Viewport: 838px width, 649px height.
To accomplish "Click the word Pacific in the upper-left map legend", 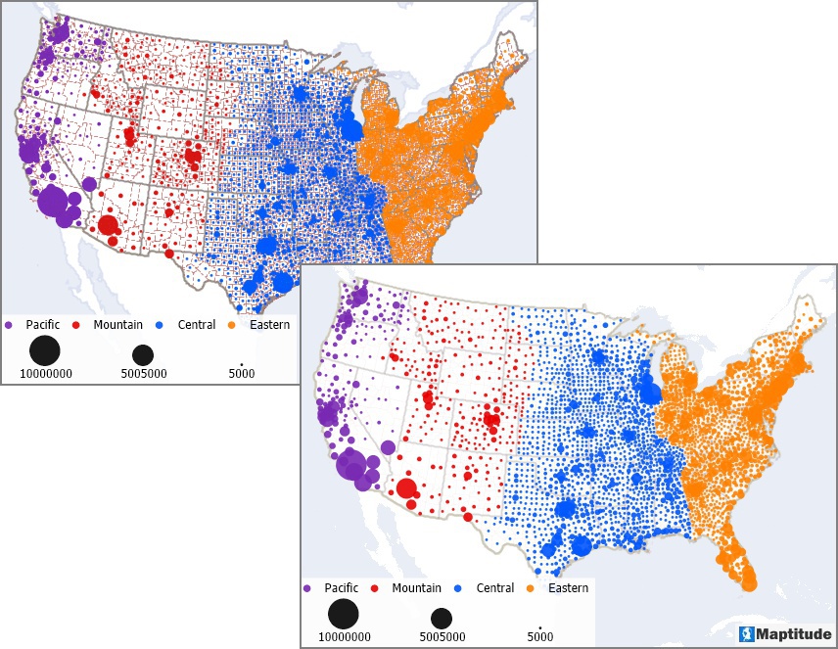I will [x=43, y=323].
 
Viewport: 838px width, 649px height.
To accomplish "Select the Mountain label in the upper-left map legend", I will [x=119, y=323].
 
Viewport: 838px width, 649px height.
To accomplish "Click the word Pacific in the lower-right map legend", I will [x=341, y=588].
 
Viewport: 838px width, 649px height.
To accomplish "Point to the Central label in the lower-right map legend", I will [x=494, y=588].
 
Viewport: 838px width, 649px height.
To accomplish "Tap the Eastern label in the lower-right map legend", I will [x=567, y=588].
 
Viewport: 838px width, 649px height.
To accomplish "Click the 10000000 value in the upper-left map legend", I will [x=44, y=373].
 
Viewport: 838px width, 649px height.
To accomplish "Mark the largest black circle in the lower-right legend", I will [x=343, y=614].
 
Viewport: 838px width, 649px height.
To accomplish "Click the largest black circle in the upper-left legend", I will [x=44, y=349].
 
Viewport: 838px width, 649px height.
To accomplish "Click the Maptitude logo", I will [x=782, y=633].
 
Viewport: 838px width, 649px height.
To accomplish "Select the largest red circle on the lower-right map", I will [x=405, y=489].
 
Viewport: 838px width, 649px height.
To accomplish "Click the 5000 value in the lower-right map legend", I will [x=539, y=637].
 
